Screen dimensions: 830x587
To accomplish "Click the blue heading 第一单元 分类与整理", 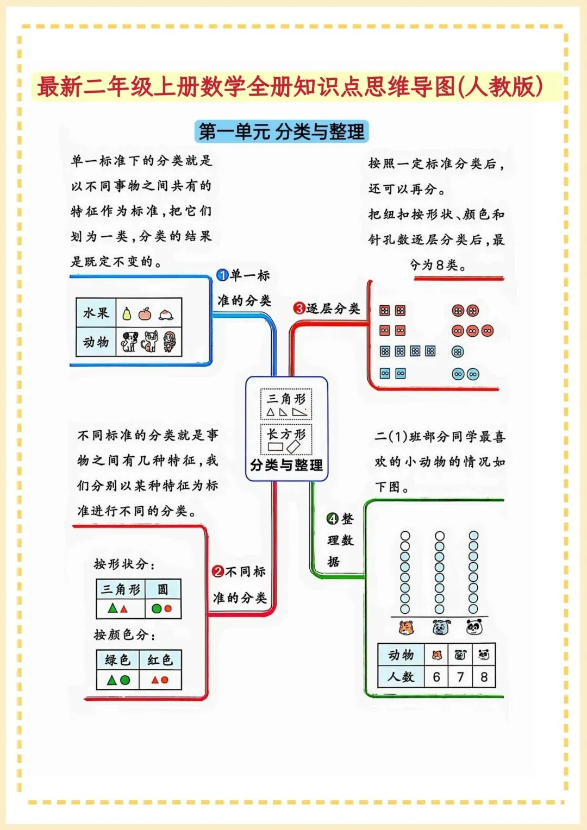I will coord(282,131).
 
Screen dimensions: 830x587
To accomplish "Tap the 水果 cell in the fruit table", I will coord(96,313).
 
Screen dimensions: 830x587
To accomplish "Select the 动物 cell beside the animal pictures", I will coord(96,342).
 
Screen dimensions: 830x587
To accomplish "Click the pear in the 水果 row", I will coord(127,314).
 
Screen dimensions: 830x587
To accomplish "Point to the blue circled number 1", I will coord(222,275).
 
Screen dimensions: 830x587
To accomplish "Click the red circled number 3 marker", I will coord(299,309).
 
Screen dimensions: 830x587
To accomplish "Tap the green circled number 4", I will coord(333,519).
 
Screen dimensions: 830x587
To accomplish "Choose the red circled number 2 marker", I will coord(218,571).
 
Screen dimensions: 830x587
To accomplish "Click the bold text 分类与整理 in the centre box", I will coord(286,466).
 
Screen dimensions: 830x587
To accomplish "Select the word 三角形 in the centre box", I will coord(286,399).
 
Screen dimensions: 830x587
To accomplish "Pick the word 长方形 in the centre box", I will coord(286,433).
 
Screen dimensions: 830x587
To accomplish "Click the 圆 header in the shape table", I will coord(163,589).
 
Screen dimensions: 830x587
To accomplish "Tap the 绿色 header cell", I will coord(117,660).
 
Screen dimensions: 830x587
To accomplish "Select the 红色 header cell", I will coord(160,660).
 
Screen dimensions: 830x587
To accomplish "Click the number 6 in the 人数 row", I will coord(436,677).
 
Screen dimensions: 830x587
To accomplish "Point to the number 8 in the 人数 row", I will coord(484,677).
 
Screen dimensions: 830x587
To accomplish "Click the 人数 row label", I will coord(401,677).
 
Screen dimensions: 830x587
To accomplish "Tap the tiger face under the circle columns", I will coord(405,628).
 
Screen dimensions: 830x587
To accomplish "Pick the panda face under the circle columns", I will coord(474,628).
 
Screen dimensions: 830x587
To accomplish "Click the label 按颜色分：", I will coord(124,634).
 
